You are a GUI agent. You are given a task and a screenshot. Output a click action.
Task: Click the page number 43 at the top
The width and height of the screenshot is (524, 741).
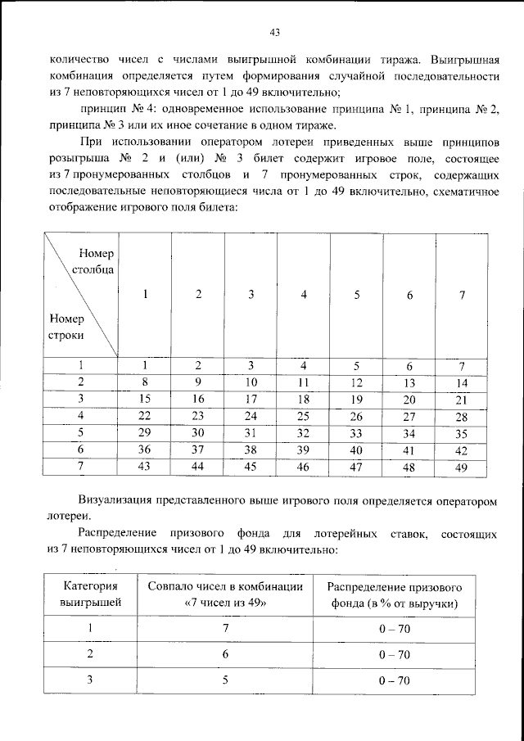[274, 33]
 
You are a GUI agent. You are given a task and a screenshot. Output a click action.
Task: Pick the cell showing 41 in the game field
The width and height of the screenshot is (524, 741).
[409, 451]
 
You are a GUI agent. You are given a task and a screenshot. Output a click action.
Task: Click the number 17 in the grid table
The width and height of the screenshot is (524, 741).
[251, 400]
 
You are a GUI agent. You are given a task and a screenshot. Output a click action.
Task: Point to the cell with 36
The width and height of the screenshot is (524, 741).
[145, 450]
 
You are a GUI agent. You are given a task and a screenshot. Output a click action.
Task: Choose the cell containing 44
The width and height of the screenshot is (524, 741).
[198, 468]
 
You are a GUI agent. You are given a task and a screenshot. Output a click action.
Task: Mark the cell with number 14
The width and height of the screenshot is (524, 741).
[462, 382]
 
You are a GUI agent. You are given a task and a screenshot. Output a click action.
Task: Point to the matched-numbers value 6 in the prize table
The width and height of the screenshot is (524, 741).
[225, 654]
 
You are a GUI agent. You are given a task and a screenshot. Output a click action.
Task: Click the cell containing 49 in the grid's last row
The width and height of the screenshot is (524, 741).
[462, 468]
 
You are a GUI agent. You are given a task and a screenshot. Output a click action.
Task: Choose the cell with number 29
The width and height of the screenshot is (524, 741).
[145, 433]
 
